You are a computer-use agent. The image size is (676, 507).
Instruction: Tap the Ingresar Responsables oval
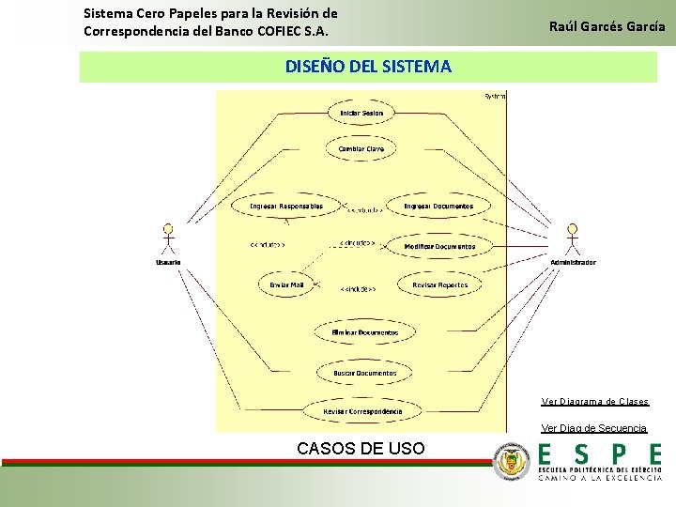pos(286,206)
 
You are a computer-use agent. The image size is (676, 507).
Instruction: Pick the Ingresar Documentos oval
pos(438,206)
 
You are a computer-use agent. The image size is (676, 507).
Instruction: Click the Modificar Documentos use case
pos(439,246)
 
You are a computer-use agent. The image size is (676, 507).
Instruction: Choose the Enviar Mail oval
pos(286,284)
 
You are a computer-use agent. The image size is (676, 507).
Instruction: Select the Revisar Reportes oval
pos(438,284)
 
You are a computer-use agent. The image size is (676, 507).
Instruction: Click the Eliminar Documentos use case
pos(365,332)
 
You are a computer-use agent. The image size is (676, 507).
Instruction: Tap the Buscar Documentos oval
pos(365,373)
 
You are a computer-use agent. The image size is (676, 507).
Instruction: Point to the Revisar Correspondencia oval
pos(362,411)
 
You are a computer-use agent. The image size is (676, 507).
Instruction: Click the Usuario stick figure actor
pos(169,240)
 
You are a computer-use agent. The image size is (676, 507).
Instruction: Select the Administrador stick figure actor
pos(572,240)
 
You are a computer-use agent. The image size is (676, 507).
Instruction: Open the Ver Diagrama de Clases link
pos(594,402)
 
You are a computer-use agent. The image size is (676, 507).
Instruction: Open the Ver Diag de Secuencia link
pos(594,428)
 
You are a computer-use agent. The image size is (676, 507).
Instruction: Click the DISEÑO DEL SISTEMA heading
pos(368,67)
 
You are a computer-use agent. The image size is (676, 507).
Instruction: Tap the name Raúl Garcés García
pos(607,26)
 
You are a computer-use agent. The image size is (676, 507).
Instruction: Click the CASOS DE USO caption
pos(361,448)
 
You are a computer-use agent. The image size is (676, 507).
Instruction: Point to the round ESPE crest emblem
pos(512,462)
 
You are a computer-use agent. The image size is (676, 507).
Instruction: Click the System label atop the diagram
pos(495,96)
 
